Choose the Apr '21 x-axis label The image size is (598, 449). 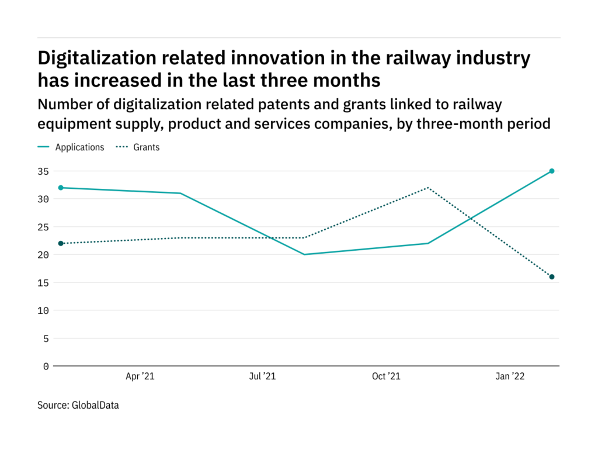[x=140, y=377]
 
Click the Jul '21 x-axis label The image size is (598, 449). [x=262, y=377]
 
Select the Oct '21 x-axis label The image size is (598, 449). [x=386, y=377]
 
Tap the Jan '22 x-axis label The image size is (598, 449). [x=510, y=377]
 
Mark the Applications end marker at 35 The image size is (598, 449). [x=552, y=171]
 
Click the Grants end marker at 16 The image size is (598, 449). [x=552, y=277]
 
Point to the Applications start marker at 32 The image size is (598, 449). [x=61, y=188]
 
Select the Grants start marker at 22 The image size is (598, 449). [x=61, y=243]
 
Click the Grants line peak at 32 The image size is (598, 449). [x=428, y=188]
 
